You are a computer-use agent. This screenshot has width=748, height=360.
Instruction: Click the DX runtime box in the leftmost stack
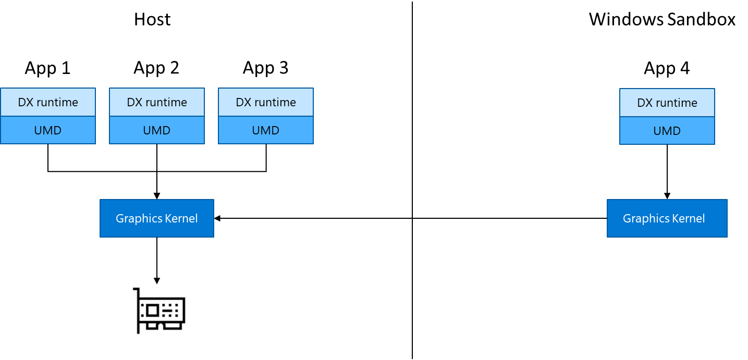48,102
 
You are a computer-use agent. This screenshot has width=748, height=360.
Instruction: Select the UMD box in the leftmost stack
48,130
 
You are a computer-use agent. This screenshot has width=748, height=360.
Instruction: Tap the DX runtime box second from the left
157,102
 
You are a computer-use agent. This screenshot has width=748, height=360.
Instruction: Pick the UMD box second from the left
157,130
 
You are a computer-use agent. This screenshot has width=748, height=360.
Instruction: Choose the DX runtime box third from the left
266,102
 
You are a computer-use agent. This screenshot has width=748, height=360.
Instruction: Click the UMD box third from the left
266,130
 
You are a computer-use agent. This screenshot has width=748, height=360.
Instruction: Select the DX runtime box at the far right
667,103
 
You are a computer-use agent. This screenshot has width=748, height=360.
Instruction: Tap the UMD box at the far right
667,131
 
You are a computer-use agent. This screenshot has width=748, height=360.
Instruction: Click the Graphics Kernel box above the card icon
157,218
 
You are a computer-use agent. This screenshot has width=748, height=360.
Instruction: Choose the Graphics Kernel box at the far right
667,218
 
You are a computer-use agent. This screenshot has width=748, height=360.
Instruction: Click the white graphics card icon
156,311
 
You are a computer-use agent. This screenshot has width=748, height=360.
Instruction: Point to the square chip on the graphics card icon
152,311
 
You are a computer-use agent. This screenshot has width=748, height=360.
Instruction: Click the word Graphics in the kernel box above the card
138,219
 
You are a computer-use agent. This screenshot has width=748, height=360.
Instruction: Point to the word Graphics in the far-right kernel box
645,219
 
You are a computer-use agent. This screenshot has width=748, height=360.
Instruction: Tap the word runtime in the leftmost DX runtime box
58,103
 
